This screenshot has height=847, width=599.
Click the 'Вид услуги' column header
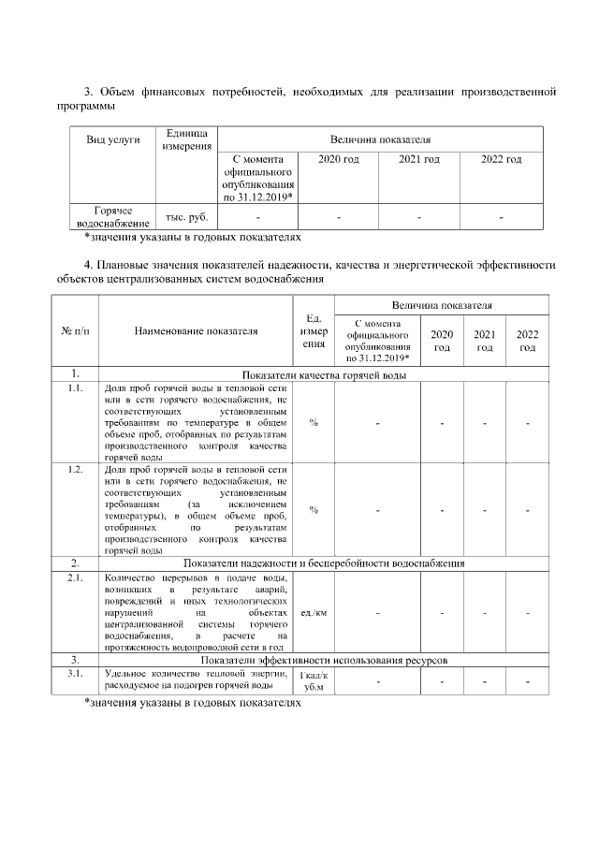(x=113, y=139)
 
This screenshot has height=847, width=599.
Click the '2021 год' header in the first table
(x=418, y=160)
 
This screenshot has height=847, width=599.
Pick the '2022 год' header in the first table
(x=501, y=160)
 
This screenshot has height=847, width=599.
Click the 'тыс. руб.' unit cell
(x=186, y=217)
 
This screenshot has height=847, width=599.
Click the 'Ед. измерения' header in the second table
(x=313, y=330)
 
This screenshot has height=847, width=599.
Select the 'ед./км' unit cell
(x=313, y=613)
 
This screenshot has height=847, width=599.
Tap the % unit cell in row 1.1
(x=313, y=423)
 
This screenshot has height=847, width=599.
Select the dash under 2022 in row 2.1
(x=528, y=613)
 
